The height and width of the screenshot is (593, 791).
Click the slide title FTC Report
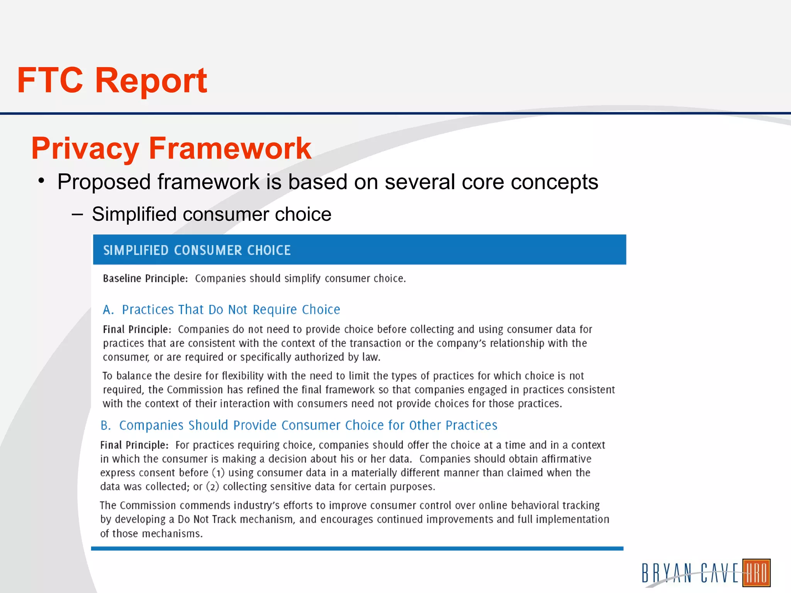pyautogui.click(x=112, y=80)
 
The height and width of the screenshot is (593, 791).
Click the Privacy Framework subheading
pyautogui.click(x=171, y=148)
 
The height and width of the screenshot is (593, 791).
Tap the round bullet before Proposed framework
pyautogui.click(x=42, y=181)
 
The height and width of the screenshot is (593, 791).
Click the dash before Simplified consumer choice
pyautogui.click(x=77, y=214)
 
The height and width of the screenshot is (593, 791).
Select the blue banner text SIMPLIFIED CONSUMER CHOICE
pyautogui.click(x=197, y=250)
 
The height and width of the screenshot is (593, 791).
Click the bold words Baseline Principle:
pyautogui.click(x=145, y=278)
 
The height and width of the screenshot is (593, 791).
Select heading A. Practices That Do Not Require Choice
pyautogui.click(x=221, y=310)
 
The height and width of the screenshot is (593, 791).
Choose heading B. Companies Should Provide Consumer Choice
pyautogui.click(x=299, y=425)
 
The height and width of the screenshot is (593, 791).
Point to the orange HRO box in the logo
pyautogui.click(x=756, y=573)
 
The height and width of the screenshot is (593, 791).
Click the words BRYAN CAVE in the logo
pyautogui.click(x=689, y=573)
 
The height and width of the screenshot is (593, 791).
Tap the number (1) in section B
pyautogui.click(x=218, y=473)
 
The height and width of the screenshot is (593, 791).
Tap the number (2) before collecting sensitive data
pyautogui.click(x=213, y=486)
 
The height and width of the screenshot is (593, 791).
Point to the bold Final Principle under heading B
pyautogui.click(x=134, y=445)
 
